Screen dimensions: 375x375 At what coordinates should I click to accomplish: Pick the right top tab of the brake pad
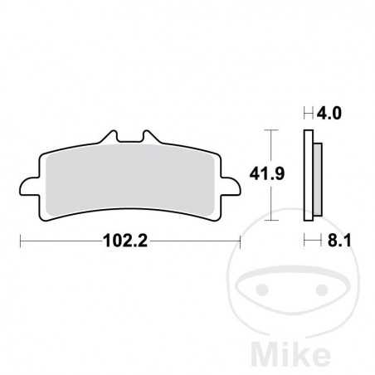pyautogui.click(x=149, y=138)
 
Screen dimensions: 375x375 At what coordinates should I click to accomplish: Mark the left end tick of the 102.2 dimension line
pyautogui.click(x=20, y=241)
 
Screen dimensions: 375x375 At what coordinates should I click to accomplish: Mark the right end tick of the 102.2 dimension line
pyautogui.click(x=240, y=241)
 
